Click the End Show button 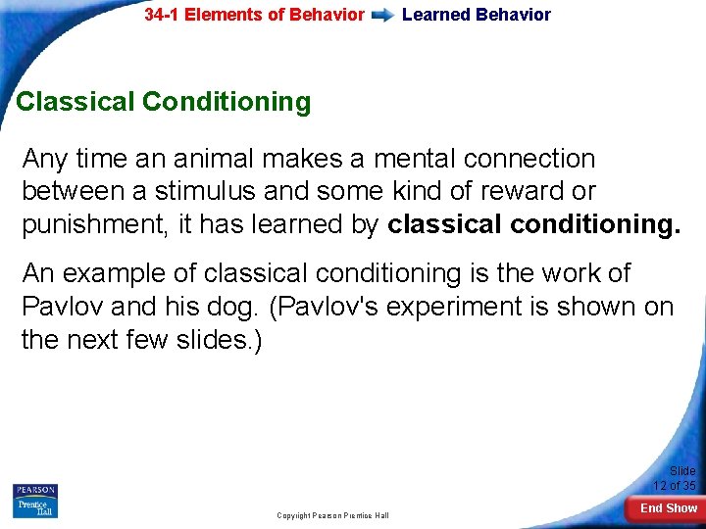click(x=669, y=508)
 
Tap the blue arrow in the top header click(x=383, y=16)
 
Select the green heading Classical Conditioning click(x=164, y=102)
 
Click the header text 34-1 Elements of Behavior click(x=254, y=15)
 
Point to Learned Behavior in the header click(x=477, y=15)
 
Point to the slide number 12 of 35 click(x=676, y=479)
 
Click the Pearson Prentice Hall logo click(x=35, y=501)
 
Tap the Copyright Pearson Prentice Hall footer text click(x=332, y=515)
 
